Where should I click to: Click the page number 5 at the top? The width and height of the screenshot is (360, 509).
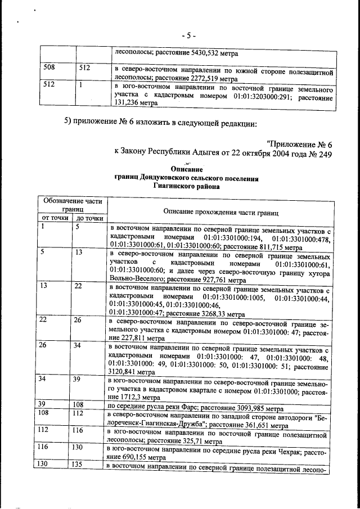pyautogui.click(x=189, y=35)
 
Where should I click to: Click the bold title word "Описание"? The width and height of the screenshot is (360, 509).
pyautogui.click(x=187, y=169)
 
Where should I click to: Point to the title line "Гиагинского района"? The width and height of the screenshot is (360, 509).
pyautogui.click(x=187, y=188)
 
